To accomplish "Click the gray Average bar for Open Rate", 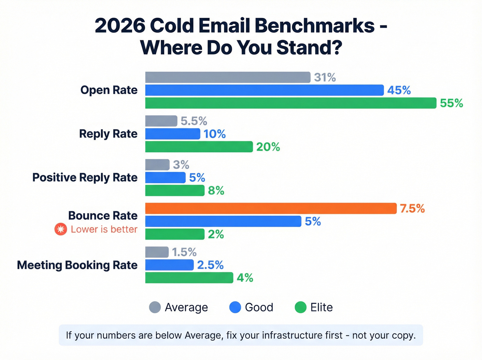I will (x=228, y=78).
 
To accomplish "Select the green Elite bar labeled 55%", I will (x=291, y=103).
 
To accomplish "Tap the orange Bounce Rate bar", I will (x=271, y=208).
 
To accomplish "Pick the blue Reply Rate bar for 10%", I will (x=172, y=134).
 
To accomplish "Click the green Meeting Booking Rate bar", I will (x=189, y=278).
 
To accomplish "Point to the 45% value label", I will (x=399, y=90).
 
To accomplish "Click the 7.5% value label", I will (x=412, y=208).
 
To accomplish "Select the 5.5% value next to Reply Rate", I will (x=193, y=121).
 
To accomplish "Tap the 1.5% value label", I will (x=184, y=252).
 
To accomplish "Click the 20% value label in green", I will (x=268, y=147).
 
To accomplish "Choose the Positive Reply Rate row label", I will (x=85, y=177).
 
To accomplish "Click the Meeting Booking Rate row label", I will (x=77, y=265).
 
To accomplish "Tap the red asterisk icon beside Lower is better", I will (x=61, y=229).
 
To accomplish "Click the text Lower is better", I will (x=104, y=229).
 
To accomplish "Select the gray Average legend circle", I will (x=155, y=307).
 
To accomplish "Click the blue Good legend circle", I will (x=235, y=307).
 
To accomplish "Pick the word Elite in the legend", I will (x=321, y=307).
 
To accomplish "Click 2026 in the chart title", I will (x=120, y=26).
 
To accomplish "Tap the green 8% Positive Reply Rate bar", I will (x=175, y=191).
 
